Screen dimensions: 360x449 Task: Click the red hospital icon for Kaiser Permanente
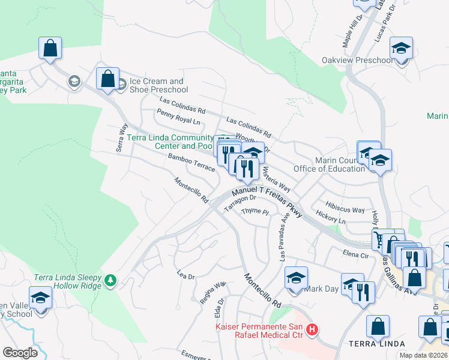[x=312, y=329]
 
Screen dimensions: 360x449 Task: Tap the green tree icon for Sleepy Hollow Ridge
[x=110, y=280]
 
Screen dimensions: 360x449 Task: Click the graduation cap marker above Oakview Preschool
[x=401, y=48]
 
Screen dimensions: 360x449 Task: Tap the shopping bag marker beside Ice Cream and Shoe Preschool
[x=107, y=79]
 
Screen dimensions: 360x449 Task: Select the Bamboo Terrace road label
[x=191, y=162]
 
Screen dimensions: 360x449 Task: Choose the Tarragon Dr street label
[x=240, y=203]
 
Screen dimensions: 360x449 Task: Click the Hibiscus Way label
[x=346, y=209]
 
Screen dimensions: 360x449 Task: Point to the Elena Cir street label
[x=355, y=254]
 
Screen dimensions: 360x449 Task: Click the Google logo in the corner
[x=20, y=352]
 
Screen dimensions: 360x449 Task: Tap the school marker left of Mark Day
[x=295, y=279]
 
